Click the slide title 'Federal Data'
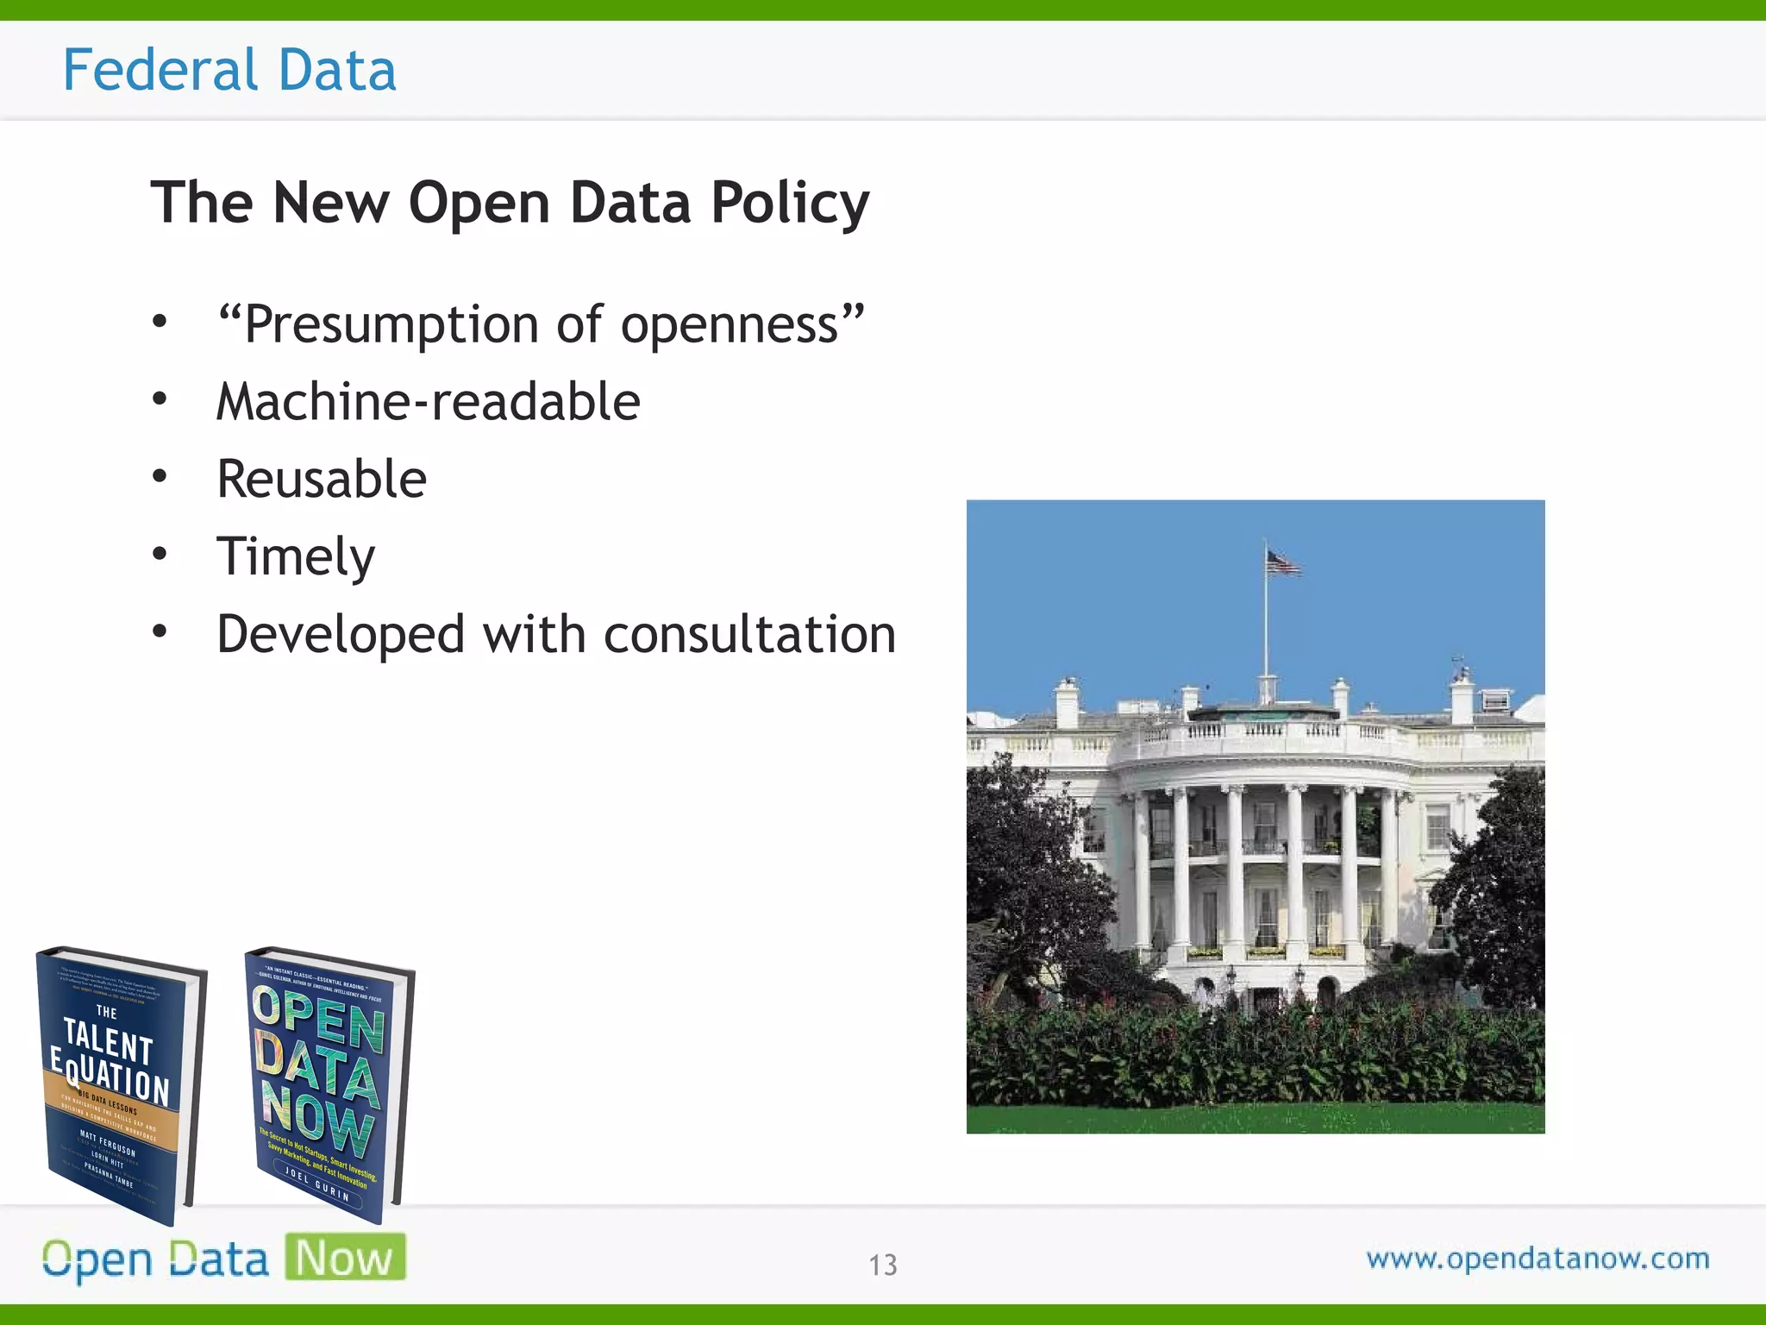coord(229,70)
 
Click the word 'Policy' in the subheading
coord(790,204)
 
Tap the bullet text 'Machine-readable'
coord(429,402)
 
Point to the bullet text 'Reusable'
coord(322,480)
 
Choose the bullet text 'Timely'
coord(296,557)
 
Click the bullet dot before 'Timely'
coord(160,554)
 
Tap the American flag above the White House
coord(1282,563)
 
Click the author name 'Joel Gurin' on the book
coord(316,1185)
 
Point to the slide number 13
coord(882,1265)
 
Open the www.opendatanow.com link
coord(1537,1259)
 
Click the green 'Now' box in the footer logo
coord(345,1258)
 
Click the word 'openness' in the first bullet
coord(742,325)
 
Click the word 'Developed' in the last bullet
coord(341,635)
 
